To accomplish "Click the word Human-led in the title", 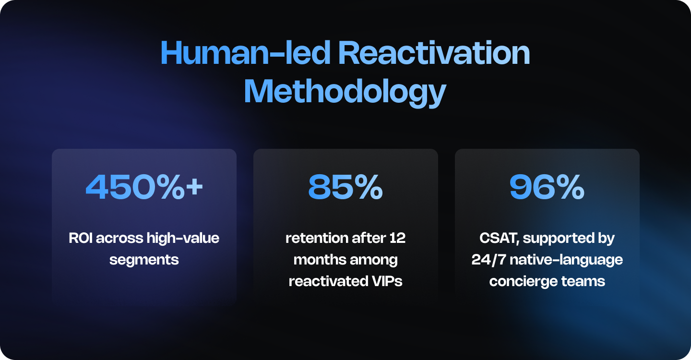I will point(245,54).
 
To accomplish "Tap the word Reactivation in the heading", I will point(434,54).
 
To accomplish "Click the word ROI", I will point(80,238).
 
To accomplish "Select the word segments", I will point(144,260).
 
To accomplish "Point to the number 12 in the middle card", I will point(398,238).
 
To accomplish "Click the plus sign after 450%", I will point(194,188).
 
